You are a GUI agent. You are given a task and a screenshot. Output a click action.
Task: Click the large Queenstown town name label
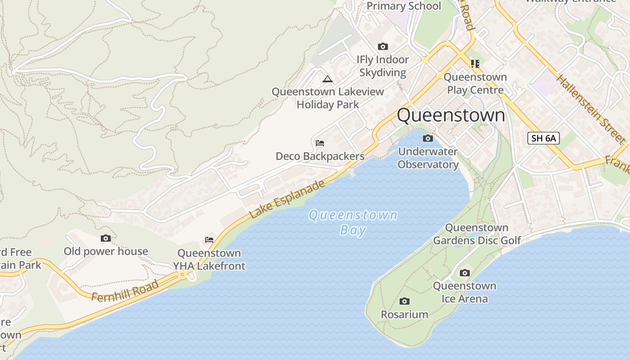click(x=451, y=115)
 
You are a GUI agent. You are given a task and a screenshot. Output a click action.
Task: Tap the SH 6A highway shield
click(x=543, y=138)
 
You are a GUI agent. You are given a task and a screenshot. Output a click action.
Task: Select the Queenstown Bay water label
click(x=353, y=222)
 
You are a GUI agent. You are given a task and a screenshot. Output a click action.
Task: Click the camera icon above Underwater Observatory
click(x=428, y=138)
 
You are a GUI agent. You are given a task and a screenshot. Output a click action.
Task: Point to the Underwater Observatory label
click(x=428, y=158)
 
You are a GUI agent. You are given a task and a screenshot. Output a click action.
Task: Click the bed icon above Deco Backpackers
click(x=320, y=143)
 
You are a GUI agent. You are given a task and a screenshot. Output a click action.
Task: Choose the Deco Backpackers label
click(x=320, y=156)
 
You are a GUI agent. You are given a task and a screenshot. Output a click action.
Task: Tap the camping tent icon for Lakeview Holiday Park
click(x=328, y=79)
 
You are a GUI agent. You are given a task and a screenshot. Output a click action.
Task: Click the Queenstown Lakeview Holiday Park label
click(x=328, y=98)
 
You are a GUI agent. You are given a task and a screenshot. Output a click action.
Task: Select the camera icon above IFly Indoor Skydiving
click(x=383, y=46)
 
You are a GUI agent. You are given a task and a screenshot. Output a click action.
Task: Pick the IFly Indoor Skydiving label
click(x=383, y=66)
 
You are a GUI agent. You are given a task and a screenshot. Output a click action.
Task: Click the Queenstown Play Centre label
click(x=475, y=83)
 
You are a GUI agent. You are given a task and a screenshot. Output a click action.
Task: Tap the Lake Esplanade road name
click(x=287, y=200)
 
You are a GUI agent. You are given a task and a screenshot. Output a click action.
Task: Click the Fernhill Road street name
click(x=125, y=291)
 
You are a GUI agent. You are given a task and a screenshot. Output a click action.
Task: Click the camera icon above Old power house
click(x=106, y=238)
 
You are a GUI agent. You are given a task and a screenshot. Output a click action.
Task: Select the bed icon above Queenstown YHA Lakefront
click(x=209, y=239)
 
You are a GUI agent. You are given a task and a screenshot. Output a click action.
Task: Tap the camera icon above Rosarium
click(x=405, y=301)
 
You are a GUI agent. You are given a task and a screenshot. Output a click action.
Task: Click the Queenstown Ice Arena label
click(x=464, y=292)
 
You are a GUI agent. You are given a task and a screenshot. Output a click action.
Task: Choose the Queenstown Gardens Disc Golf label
click(x=477, y=234)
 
